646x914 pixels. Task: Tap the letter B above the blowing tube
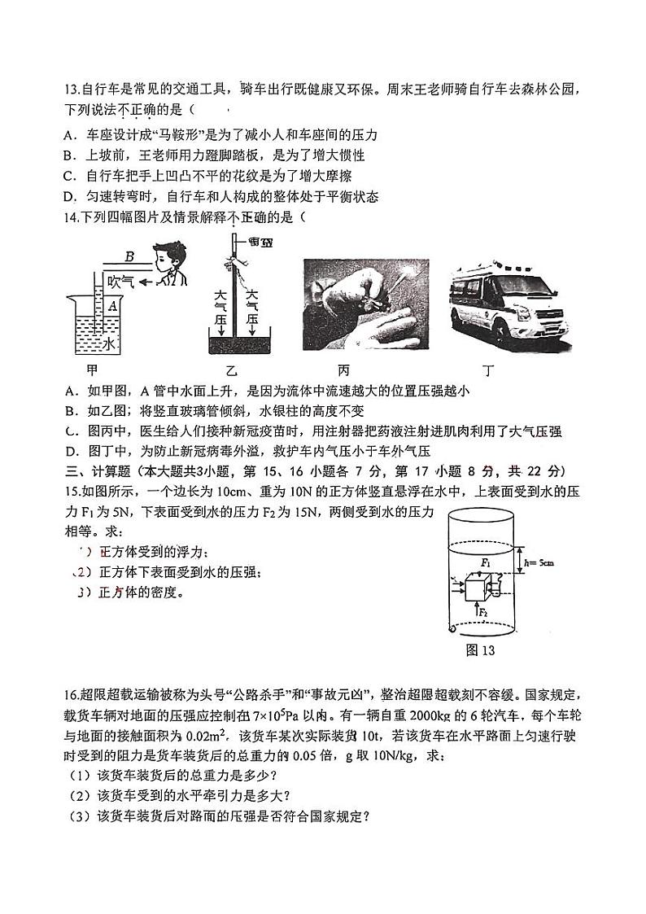pos(129,257)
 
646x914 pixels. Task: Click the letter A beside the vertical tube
pos(112,306)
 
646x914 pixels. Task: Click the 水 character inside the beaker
pos(108,345)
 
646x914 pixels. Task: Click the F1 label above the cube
pos(485,562)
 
